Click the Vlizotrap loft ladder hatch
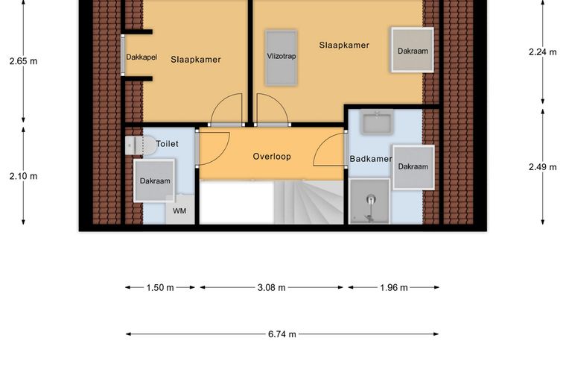tap(282, 58)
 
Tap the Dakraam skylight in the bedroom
tap(413, 50)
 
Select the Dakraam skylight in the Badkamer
tap(413, 167)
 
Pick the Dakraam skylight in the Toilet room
tap(154, 181)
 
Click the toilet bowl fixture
tap(141, 145)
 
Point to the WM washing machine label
tap(179, 210)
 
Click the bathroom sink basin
tap(378, 123)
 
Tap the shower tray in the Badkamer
tap(369, 201)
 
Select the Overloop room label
tap(272, 157)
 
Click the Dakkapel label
tap(141, 57)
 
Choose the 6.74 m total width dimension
tap(282, 334)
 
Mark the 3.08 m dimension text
tap(271, 288)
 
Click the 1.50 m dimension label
tap(160, 288)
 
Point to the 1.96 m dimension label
tap(394, 288)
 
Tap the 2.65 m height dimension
tap(24, 61)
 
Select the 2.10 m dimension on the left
tap(24, 176)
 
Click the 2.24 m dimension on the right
tap(542, 52)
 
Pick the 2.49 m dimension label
tap(542, 167)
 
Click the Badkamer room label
tap(371, 159)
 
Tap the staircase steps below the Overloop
tap(308, 202)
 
